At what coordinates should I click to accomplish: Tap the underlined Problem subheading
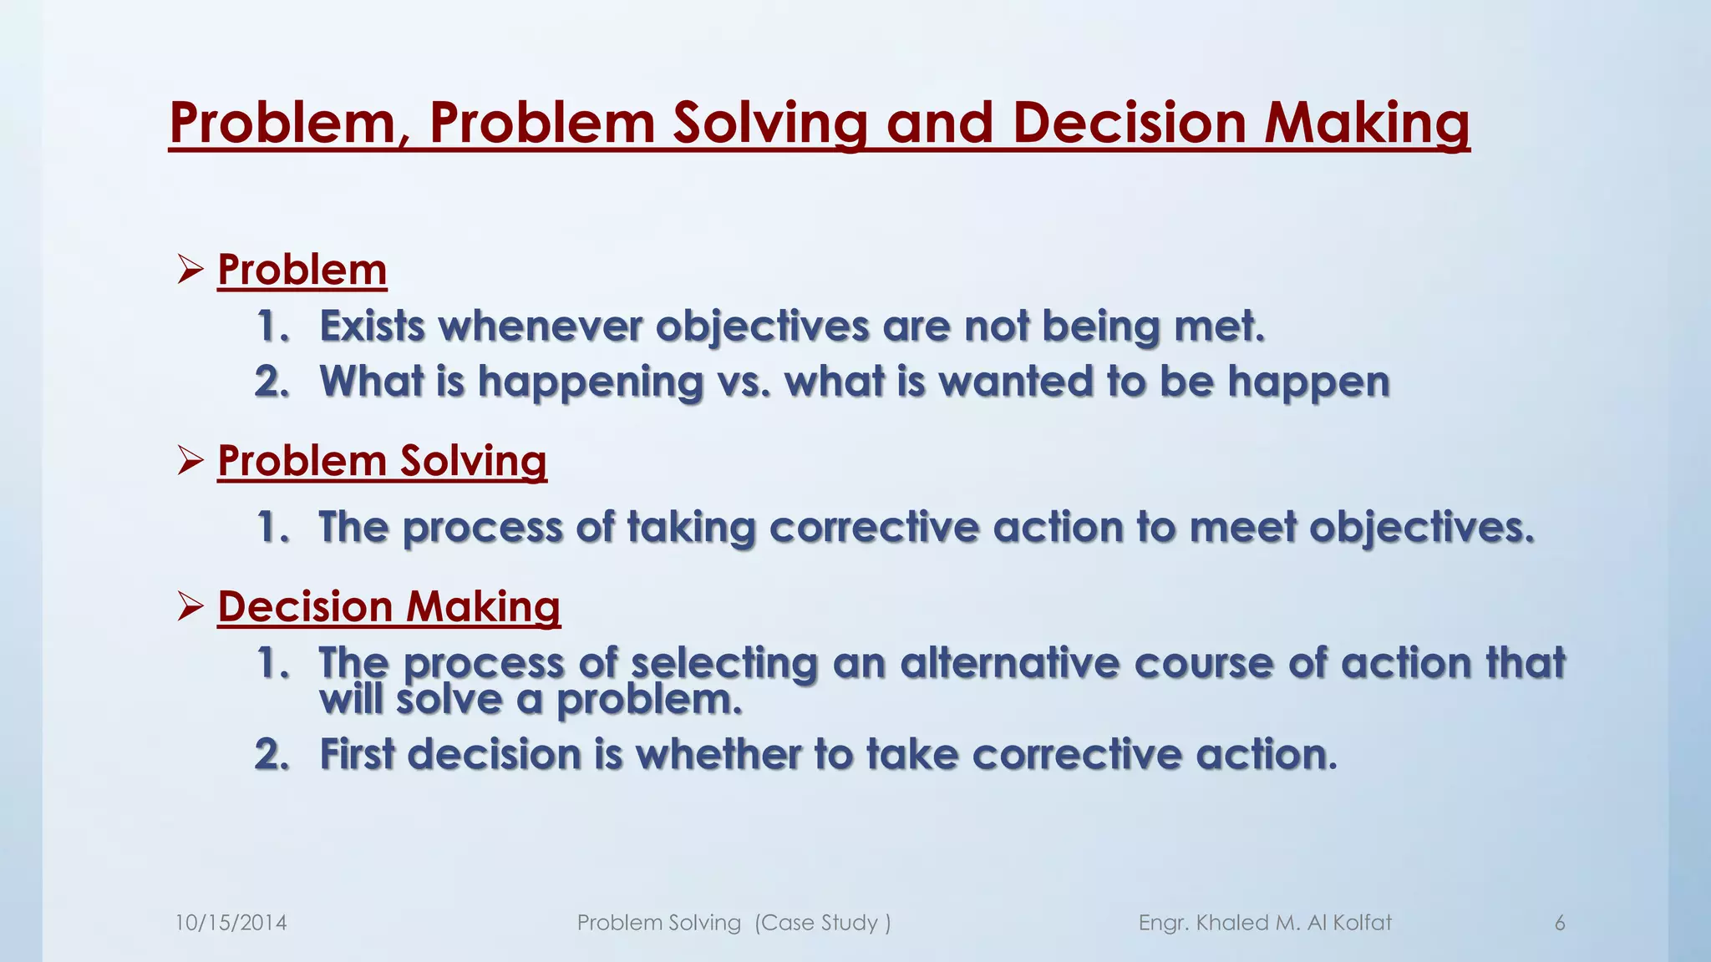[x=302, y=270]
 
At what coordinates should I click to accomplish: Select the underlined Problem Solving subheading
[x=382, y=461]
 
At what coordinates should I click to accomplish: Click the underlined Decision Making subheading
[x=388, y=606]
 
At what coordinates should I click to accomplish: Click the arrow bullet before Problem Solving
[x=190, y=461]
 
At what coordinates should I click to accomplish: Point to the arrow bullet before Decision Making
[x=190, y=606]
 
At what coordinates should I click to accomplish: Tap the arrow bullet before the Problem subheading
[x=190, y=270]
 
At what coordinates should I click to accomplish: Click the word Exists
[x=373, y=326]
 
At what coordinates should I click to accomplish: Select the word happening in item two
[x=591, y=382]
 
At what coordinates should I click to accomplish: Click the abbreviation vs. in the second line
[x=744, y=382]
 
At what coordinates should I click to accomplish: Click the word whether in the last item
[x=718, y=754]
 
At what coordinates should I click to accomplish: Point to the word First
[x=357, y=754]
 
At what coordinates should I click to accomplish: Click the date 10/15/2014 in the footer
[x=231, y=923]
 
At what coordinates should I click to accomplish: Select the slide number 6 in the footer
[x=1559, y=923]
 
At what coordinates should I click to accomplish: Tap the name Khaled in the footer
[x=1232, y=923]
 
